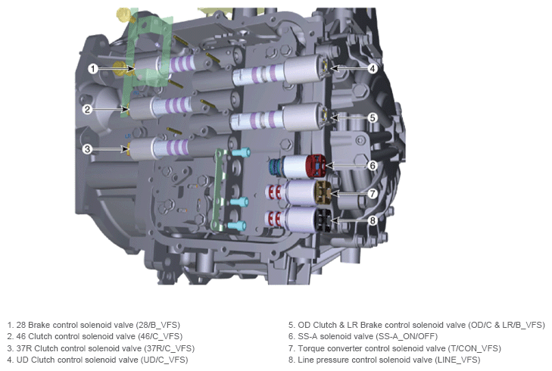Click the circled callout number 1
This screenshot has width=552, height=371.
tap(92, 68)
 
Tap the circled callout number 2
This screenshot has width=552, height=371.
tap(87, 109)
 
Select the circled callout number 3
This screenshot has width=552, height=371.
tap(87, 149)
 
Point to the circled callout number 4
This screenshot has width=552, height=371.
tap(373, 68)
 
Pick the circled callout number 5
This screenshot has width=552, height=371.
tap(373, 117)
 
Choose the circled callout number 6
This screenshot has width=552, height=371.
tap(373, 165)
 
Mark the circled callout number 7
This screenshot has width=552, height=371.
tap(373, 193)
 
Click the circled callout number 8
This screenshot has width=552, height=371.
tap(373, 220)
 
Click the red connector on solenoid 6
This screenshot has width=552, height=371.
tap(316, 166)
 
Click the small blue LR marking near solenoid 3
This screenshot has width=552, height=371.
tap(128, 136)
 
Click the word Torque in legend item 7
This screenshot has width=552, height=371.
tap(310, 348)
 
